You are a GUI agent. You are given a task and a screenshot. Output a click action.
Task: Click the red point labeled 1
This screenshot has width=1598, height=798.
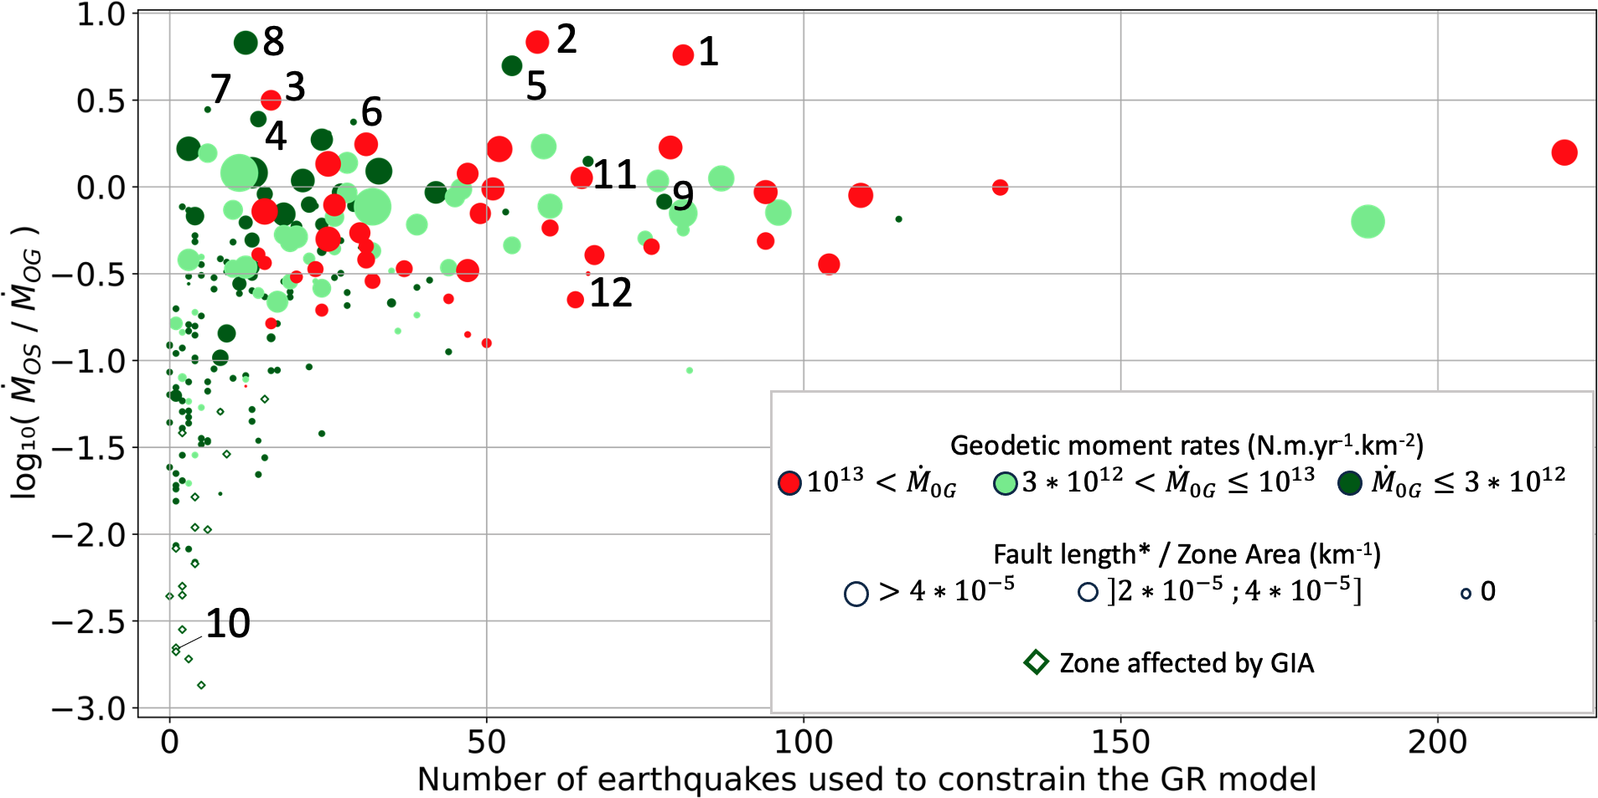[x=683, y=55]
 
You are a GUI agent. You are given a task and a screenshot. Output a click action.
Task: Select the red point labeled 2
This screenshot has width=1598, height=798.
[x=537, y=42]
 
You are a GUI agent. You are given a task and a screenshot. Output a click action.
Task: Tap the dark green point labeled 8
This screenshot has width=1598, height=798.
[x=246, y=43]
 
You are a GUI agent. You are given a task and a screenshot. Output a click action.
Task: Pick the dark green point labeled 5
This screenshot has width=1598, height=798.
[x=512, y=66]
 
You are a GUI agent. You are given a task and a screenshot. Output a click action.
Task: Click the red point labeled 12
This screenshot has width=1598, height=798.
[x=575, y=300]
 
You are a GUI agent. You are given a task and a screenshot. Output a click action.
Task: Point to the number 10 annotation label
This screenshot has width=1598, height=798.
[x=228, y=624]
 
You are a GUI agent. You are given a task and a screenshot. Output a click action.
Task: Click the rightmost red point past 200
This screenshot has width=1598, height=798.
[x=1564, y=152]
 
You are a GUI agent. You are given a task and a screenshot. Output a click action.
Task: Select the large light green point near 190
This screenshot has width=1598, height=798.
[x=1368, y=222]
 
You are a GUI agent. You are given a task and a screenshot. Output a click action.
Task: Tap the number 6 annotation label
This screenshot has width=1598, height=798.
[x=372, y=112]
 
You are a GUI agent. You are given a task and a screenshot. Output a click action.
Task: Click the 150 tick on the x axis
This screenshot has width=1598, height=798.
[x=1120, y=741]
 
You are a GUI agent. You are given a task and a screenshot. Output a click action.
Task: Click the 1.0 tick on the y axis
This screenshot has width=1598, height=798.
[x=101, y=14]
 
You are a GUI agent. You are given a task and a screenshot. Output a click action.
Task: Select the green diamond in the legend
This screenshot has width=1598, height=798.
[x=1037, y=662]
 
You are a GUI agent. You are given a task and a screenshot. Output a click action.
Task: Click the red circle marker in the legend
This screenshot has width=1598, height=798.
[x=789, y=483]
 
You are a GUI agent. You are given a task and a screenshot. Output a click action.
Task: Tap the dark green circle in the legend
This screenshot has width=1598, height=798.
[x=1349, y=483]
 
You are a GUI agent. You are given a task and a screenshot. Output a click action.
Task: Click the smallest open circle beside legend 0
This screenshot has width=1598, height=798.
[x=1466, y=594]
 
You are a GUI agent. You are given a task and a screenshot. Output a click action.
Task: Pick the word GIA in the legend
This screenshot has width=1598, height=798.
[x=1291, y=663]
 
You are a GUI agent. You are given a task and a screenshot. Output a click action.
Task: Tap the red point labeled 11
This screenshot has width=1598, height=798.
[x=582, y=178]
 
